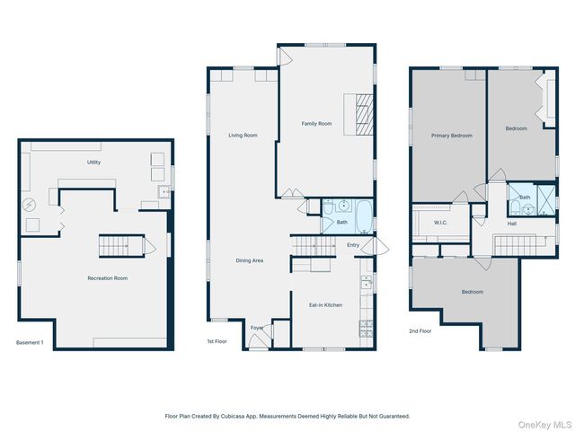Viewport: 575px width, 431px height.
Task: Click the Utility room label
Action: tap(93, 163)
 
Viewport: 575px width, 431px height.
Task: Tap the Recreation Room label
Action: tap(107, 278)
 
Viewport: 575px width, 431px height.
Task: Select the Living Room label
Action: tap(243, 136)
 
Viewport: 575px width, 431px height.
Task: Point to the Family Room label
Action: tap(316, 124)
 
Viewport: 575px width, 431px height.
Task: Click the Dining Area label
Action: tap(249, 260)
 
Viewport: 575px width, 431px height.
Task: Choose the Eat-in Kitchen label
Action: tap(325, 305)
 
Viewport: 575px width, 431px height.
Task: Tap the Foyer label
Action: tap(256, 328)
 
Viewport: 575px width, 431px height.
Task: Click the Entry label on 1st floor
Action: tap(353, 244)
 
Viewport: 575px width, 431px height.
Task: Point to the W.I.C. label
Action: tap(440, 223)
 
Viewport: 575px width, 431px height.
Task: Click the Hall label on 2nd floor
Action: tap(511, 224)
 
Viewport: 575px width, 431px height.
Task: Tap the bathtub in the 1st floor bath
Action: tap(361, 215)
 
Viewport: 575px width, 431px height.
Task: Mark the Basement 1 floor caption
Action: tap(30, 342)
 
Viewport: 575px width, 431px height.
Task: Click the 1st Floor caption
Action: tap(217, 342)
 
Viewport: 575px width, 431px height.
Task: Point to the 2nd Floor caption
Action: tap(420, 331)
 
